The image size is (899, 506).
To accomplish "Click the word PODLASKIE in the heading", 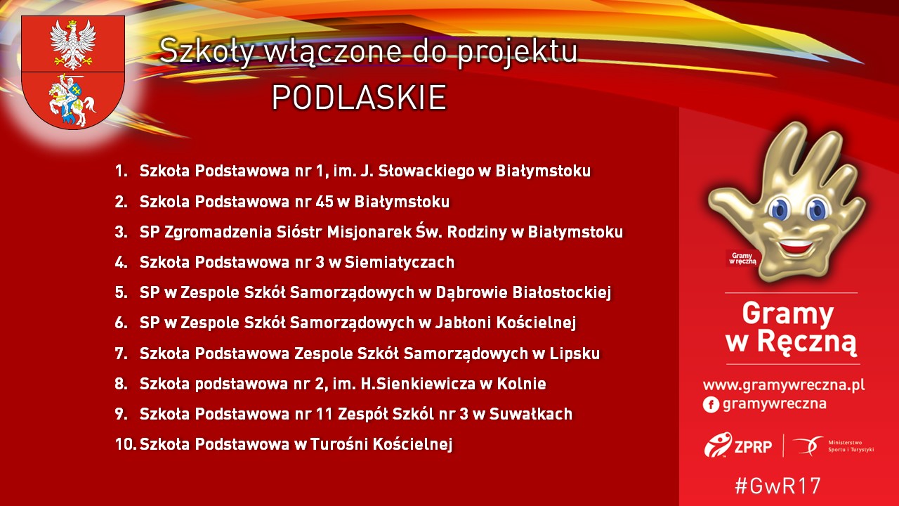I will tap(359, 98).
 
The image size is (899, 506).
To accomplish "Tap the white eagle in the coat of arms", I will tap(73, 41).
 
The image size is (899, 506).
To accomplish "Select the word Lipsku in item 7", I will tap(577, 353).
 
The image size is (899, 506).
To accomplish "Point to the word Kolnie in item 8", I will tap(523, 384).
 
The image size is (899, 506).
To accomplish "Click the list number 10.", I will tap(125, 444).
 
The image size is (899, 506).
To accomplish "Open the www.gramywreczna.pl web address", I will tap(784, 385).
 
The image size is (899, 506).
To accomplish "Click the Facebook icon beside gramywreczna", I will tap(710, 404).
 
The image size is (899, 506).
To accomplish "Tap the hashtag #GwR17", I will tap(777, 486).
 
